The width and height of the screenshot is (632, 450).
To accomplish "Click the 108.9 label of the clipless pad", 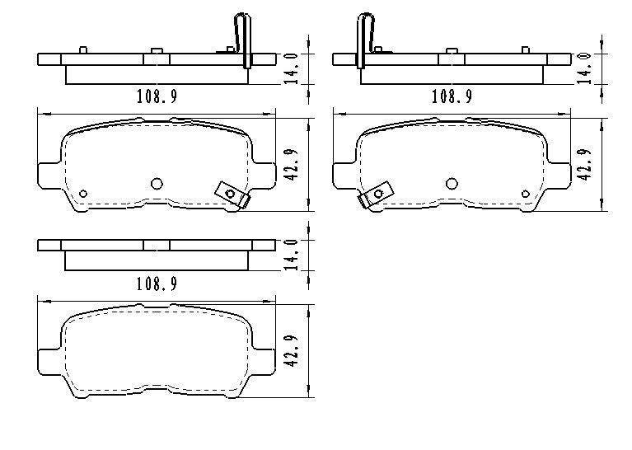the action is coord(157,284).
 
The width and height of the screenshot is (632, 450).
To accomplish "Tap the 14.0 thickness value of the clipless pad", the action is coord(291,254).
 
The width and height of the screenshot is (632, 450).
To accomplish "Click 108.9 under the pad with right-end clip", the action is coord(157,96).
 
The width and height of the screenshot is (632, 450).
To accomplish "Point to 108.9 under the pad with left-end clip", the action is coord(452,96).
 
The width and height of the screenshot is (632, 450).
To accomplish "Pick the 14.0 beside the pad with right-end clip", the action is coord(291,68).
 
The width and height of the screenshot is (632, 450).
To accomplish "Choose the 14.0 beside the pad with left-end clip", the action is coord(584,68).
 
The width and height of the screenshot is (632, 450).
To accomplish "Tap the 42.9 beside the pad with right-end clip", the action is coord(291,165).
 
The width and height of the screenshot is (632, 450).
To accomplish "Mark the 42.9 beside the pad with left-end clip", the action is coord(584,165).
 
